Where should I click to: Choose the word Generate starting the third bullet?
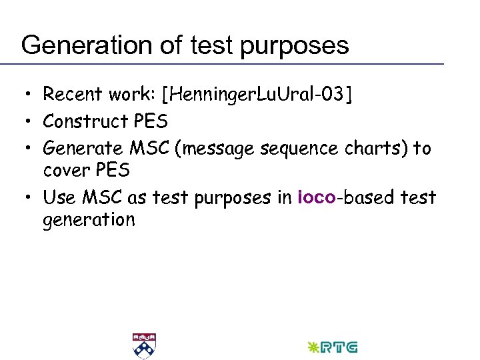coord(82,148)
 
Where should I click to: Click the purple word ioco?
coord(315,197)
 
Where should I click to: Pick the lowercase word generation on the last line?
coord(89,220)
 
